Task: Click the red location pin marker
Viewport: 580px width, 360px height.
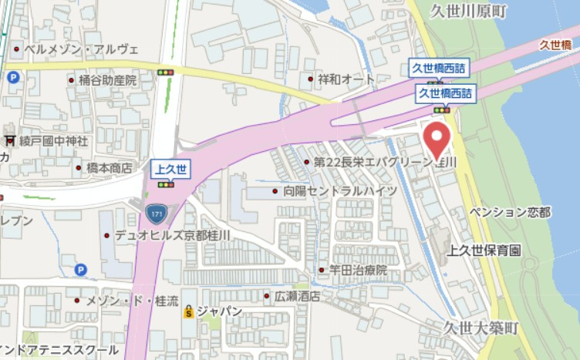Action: click(438, 140)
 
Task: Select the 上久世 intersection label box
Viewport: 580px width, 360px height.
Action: click(166, 169)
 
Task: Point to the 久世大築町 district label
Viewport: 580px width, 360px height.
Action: click(482, 328)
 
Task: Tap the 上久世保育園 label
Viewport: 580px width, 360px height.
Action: click(485, 251)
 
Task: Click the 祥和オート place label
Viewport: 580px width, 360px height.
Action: click(347, 79)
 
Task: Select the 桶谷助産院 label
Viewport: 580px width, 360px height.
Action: click(106, 79)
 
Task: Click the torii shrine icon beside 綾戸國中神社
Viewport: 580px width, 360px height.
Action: click(10, 141)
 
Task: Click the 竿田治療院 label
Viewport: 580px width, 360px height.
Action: click(359, 271)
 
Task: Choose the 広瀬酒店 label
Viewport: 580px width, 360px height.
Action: click(298, 296)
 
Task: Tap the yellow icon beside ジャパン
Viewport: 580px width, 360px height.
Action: click(187, 312)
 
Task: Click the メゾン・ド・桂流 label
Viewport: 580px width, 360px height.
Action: click(132, 300)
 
